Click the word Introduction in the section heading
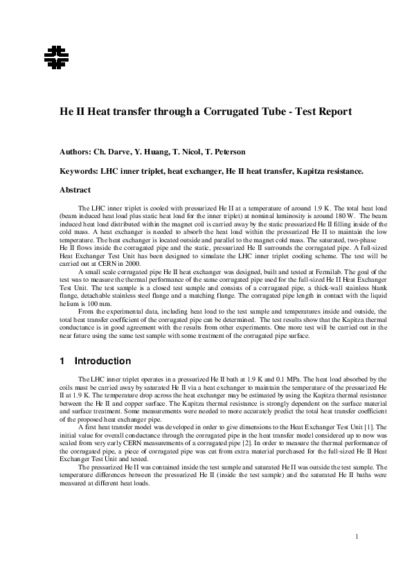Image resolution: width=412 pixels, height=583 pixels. [x=102, y=361]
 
